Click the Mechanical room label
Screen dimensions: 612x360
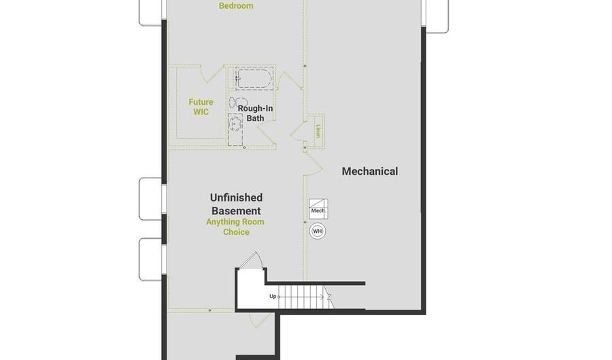[370, 171]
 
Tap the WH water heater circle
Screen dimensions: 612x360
[318, 231]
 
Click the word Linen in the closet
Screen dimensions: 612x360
[318, 131]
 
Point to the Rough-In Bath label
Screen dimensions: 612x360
[255, 113]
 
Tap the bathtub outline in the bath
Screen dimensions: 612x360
[254, 78]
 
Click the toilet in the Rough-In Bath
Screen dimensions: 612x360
[238, 103]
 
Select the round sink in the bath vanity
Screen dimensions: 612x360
[235, 124]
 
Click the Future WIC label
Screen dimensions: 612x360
[201, 107]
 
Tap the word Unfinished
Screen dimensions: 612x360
[236, 197]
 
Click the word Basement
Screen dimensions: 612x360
[236, 211]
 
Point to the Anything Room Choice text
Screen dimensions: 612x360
[235, 227]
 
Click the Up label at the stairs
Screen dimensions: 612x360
[273, 296]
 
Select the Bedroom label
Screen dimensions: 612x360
[236, 6]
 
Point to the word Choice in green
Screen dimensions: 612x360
[236, 232]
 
